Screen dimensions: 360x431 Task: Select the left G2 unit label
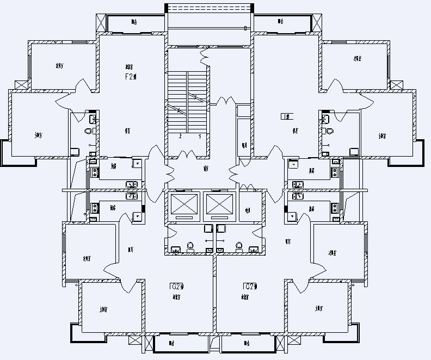click(178, 286)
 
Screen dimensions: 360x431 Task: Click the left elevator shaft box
click(185, 205)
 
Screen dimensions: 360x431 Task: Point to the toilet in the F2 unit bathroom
click(89, 132)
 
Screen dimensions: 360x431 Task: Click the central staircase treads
click(188, 101)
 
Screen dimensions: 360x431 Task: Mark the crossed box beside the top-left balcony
click(101, 22)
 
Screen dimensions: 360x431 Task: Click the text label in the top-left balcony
click(134, 22)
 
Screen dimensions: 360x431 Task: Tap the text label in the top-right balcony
click(280, 22)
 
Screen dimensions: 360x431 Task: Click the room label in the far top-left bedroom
click(59, 66)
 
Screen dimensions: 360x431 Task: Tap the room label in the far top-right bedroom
click(357, 59)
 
